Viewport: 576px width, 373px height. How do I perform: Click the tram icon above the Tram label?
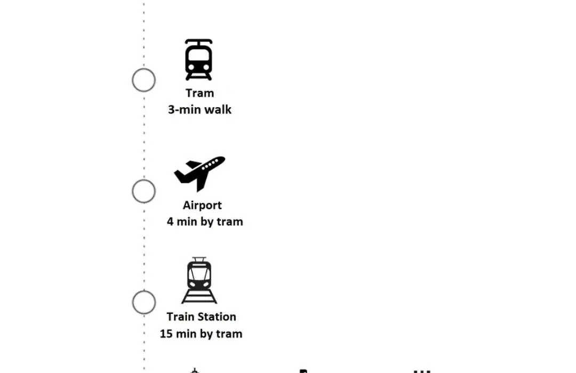pos(199,60)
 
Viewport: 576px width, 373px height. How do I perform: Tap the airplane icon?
pos(199,174)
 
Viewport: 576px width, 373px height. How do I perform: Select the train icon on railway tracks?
pos(199,280)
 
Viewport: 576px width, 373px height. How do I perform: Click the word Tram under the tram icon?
pos(199,93)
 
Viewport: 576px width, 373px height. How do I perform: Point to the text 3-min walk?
pos(199,109)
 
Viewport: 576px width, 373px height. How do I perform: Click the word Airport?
pos(202,205)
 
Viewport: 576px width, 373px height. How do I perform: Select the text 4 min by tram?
pos(205,222)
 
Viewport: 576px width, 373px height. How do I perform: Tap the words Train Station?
pos(201,317)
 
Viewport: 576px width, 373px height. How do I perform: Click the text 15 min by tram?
pos(201,334)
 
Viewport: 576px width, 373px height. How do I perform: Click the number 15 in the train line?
pos(166,334)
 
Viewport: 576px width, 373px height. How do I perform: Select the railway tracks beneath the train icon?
pos(199,297)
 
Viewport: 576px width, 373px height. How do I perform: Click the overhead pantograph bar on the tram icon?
pos(199,41)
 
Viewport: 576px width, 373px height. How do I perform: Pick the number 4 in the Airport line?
pos(170,222)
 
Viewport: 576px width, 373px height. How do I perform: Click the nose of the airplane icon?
pos(222,159)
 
